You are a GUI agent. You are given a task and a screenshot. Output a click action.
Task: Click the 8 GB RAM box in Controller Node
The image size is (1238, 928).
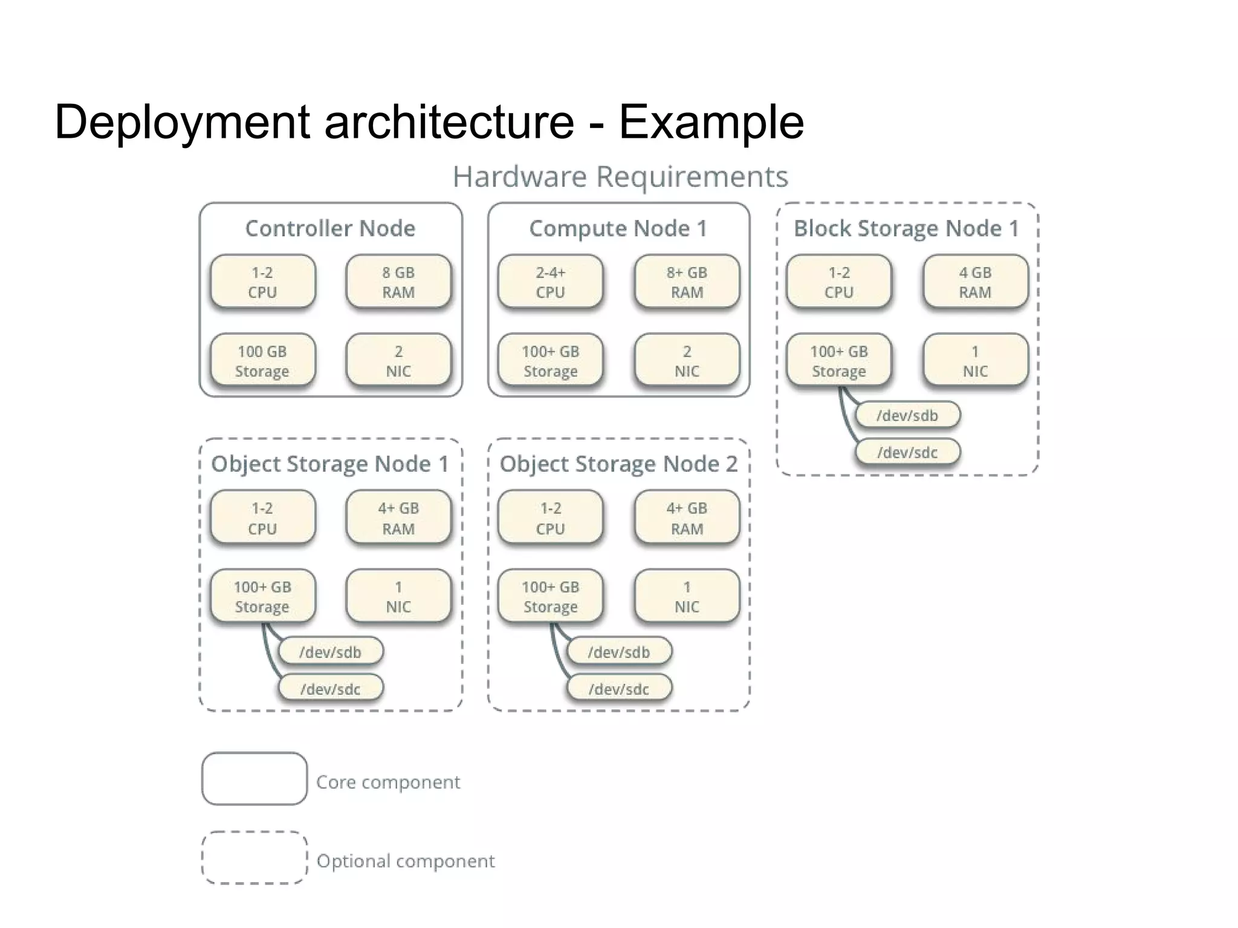click(x=398, y=282)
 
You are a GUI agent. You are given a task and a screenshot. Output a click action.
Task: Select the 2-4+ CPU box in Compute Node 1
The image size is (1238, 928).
click(x=550, y=282)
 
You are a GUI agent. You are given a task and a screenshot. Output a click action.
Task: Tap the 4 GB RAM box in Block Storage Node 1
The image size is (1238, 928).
click(x=975, y=282)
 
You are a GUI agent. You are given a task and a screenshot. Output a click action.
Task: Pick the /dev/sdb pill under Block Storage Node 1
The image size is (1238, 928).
click(x=907, y=416)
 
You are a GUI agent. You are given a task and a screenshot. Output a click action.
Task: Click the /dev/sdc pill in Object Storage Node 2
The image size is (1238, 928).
click(x=619, y=689)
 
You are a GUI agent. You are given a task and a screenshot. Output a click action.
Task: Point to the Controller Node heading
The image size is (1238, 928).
click(x=330, y=228)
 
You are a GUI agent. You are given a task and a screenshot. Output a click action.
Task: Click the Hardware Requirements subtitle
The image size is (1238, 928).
click(x=620, y=177)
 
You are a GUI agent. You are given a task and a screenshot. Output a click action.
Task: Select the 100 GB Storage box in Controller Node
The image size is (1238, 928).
click(x=262, y=361)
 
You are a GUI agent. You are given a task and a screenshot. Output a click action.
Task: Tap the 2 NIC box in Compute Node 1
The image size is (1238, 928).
click(x=687, y=361)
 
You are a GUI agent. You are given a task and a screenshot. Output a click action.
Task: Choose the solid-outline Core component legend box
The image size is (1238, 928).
click(x=254, y=779)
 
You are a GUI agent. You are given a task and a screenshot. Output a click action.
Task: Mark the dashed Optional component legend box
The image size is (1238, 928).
click(x=254, y=858)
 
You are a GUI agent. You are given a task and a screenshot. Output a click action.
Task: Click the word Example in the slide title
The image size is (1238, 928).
click(x=711, y=122)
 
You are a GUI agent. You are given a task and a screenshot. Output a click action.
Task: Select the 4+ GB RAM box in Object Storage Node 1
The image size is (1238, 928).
click(x=398, y=518)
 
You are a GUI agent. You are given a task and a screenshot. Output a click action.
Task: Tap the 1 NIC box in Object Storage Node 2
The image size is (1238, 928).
click(x=687, y=596)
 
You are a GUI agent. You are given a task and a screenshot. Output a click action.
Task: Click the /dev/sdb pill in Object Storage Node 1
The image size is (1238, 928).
click(x=330, y=652)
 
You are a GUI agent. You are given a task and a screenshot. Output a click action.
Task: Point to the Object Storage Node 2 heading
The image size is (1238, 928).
click(x=618, y=464)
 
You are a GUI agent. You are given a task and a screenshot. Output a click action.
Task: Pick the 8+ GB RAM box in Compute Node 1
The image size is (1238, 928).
click(x=687, y=282)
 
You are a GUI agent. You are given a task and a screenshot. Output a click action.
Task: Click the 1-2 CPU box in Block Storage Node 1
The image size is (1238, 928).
click(x=838, y=282)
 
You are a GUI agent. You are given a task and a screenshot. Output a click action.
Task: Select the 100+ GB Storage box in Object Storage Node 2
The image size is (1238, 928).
click(x=550, y=596)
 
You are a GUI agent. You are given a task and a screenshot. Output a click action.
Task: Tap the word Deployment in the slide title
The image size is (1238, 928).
click(x=182, y=122)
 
